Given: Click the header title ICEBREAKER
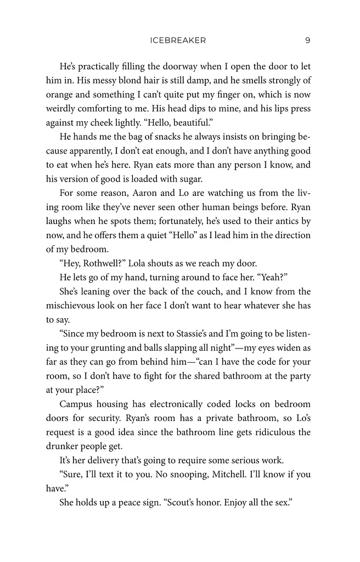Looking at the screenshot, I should point(177,40).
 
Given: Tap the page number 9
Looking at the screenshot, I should point(307,40).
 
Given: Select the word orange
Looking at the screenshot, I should point(59,94).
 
